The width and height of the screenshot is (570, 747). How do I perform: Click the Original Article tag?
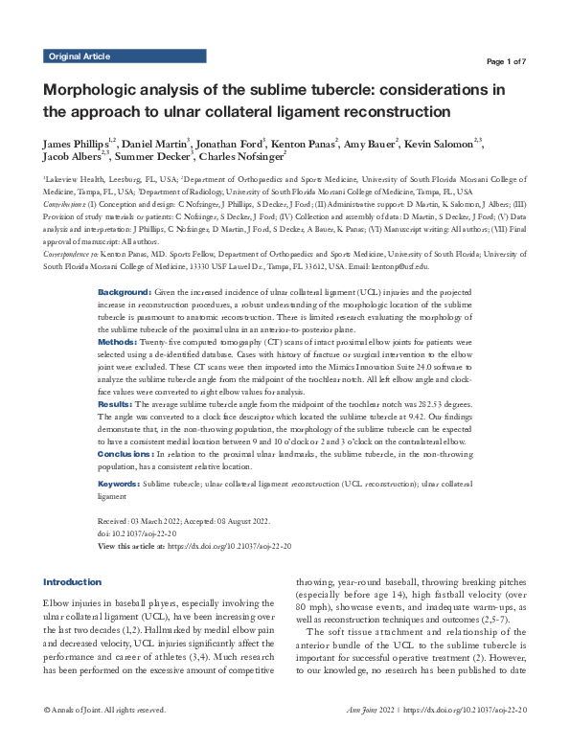tap(79, 57)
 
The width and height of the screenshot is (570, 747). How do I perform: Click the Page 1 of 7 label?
tap(517, 61)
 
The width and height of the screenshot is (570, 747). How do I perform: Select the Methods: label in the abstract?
tap(119, 341)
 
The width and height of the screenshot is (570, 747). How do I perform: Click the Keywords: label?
tap(120, 486)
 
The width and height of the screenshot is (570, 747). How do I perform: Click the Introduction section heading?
tap(73, 582)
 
